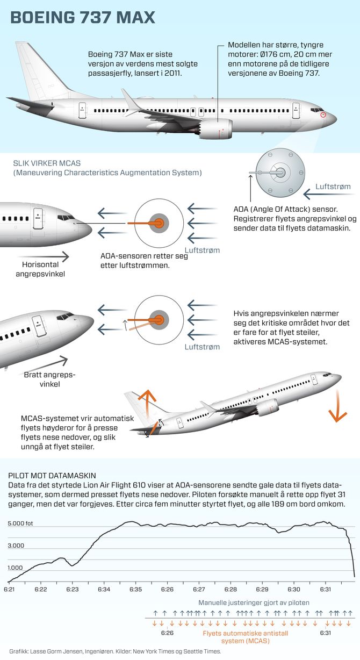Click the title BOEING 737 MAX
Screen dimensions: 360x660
point(83,17)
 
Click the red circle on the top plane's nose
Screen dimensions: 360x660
point(323,114)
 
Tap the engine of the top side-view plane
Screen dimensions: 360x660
point(215,130)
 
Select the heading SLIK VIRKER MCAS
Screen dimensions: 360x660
point(47,163)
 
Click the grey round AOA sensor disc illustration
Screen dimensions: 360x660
point(280,173)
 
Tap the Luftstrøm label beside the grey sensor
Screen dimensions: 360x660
point(333,186)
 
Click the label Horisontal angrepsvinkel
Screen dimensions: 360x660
point(40,269)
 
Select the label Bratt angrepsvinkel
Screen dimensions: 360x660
point(49,379)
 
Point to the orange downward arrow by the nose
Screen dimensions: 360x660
point(337,406)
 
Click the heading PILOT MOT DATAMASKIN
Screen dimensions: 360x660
point(52,476)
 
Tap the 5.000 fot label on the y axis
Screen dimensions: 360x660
point(20,523)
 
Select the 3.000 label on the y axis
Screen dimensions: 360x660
point(16,546)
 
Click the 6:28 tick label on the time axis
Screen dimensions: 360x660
point(231,589)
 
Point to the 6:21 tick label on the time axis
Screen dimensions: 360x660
point(9,589)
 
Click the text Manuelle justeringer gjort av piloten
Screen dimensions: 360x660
point(254,602)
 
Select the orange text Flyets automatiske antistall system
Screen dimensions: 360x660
point(246,637)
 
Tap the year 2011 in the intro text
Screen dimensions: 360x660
point(172,73)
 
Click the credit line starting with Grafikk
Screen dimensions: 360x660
point(115,651)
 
